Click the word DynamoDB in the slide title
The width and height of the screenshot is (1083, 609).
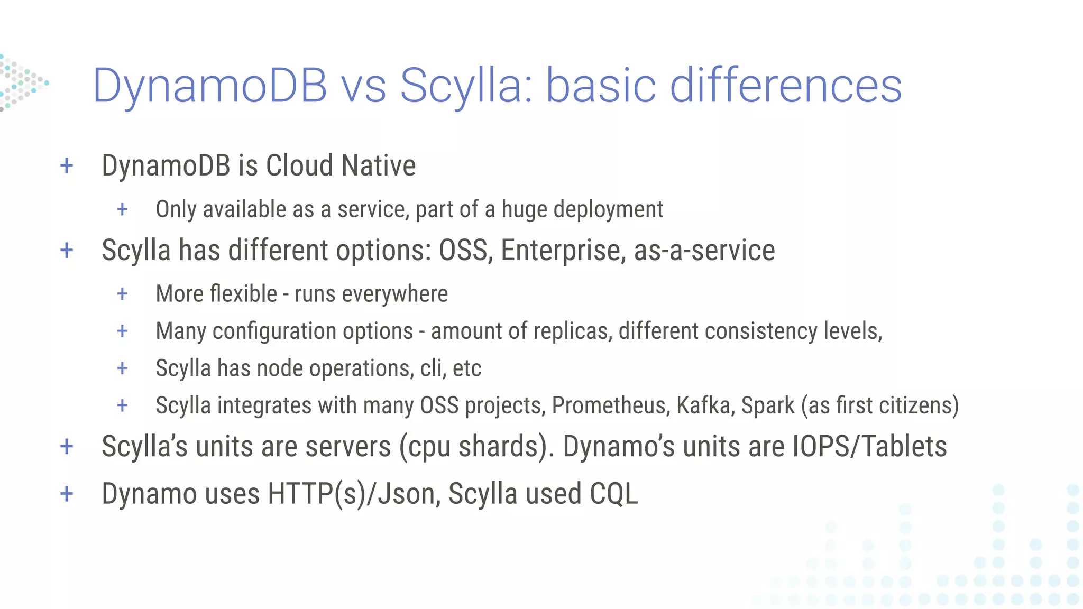tap(210, 86)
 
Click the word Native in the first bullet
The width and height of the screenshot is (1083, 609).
tap(378, 165)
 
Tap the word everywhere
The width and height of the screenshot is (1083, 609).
tap(394, 294)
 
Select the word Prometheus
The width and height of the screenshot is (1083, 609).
tap(611, 405)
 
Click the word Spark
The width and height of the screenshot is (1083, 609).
tap(767, 405)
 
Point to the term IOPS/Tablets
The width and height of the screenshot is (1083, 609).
tap(869, 446)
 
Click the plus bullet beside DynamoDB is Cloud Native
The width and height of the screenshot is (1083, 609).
tap(67, 166)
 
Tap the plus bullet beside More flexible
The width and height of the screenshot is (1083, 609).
tap(122, 294)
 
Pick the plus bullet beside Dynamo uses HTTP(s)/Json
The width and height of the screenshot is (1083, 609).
tap(67, 494)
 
